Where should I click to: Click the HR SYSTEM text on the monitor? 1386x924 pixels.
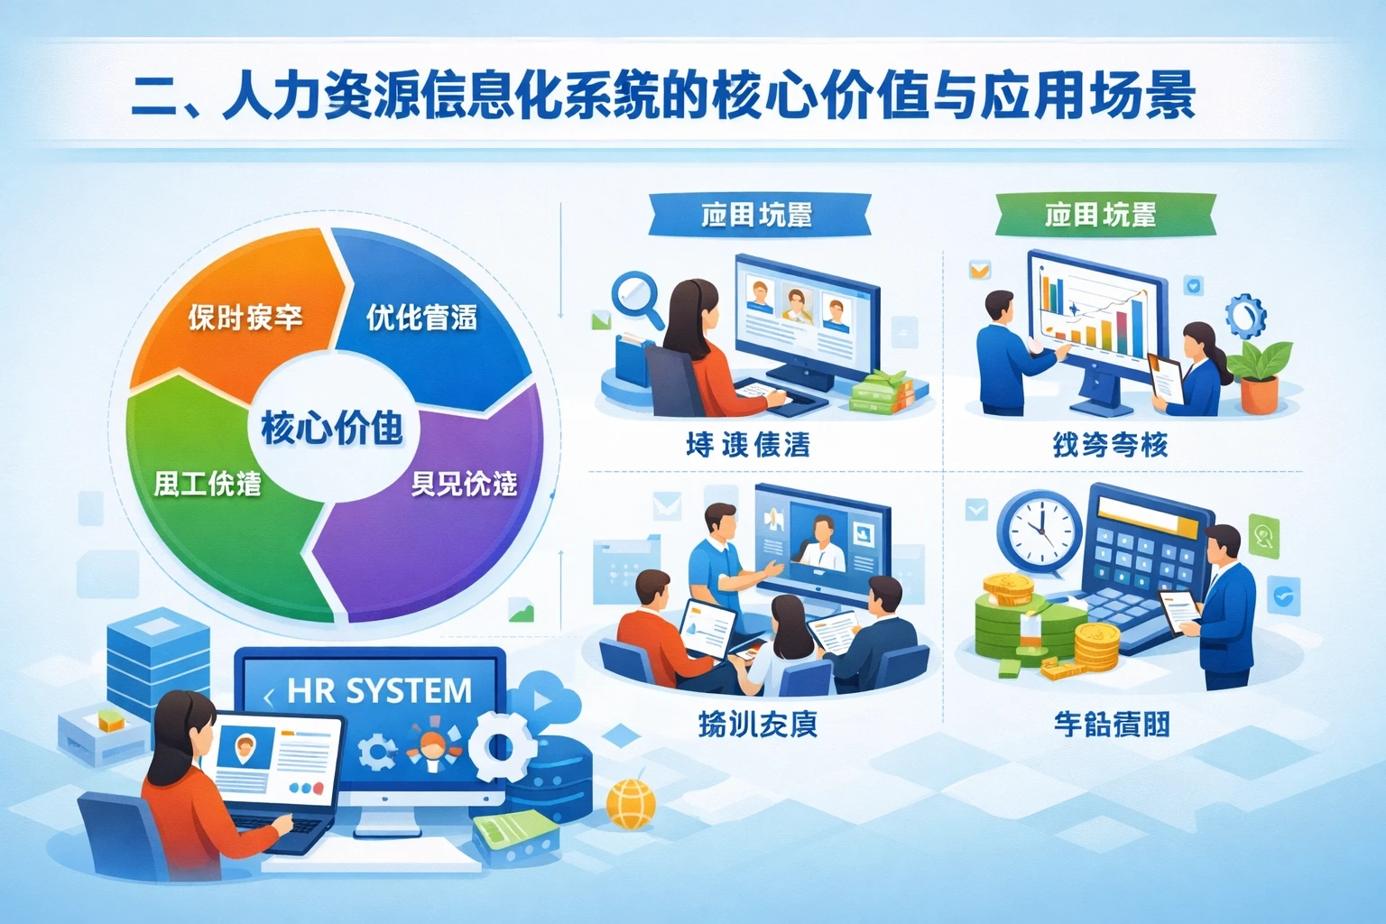379,691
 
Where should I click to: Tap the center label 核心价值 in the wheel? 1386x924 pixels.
331,427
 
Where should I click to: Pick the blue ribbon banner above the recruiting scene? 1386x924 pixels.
758,215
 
